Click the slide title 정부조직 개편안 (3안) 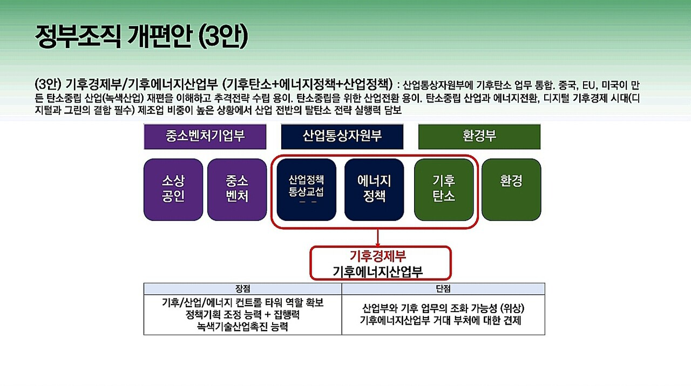141,37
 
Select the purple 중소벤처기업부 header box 205,136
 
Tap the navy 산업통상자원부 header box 342,136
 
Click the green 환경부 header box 479,136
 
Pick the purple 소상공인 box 173,189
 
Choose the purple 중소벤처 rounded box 237,189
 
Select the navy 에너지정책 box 374,189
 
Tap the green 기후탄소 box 444,189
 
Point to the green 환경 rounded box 511,189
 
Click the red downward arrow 378,238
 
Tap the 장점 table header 242,289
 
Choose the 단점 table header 443,289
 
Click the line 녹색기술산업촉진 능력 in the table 242,327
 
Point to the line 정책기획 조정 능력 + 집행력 242,315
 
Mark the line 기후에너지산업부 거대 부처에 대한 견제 443,321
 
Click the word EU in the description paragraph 588,85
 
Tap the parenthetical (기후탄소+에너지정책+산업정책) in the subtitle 307,84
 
